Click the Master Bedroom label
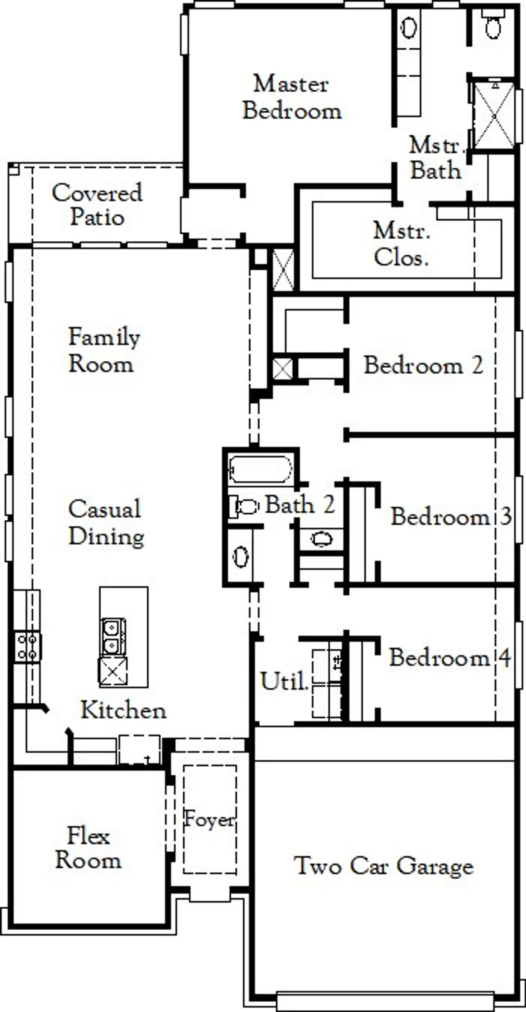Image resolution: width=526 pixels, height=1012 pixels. click(x=292, y=97)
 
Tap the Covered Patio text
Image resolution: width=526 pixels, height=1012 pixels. click(x=97, y=205)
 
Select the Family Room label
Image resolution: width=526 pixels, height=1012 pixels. click(x=104, y=350)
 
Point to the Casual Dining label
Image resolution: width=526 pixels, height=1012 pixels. click(x=106, y=522)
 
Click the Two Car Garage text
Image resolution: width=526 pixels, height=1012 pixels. click(x=384, y=866)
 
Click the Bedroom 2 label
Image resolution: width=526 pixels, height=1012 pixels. click(x=423, y=365)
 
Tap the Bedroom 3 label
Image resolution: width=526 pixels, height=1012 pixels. click(x=450, y=516)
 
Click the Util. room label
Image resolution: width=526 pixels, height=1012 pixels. click(x=284, y=681)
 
